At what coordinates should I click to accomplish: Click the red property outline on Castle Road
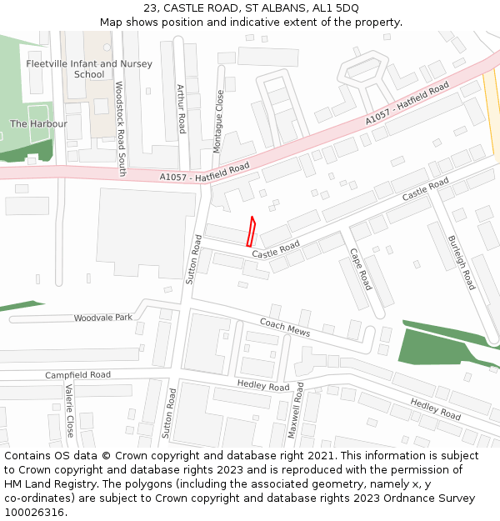[x=251, y=231]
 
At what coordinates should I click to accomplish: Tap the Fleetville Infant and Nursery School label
[x=89, y=69]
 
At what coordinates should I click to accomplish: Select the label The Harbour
[x=38, y=124]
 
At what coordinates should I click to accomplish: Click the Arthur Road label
[x=181, y=108]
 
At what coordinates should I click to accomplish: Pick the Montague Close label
[x=218, y=120]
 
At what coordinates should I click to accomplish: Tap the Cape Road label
[x=360, y=269]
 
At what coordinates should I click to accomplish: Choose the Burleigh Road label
[x=461, y=262]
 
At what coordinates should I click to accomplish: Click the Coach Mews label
[x=284, y=328]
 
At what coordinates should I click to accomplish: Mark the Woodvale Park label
[x=102, y=318]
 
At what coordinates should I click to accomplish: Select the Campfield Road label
[x=77, y=375]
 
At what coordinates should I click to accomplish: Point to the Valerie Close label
[x=69, y=411]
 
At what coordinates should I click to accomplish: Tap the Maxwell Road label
[x=296, y=410]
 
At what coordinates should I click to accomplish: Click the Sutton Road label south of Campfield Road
[x=168, y=413]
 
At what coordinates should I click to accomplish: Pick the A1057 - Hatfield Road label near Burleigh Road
[x=407, y=104]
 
